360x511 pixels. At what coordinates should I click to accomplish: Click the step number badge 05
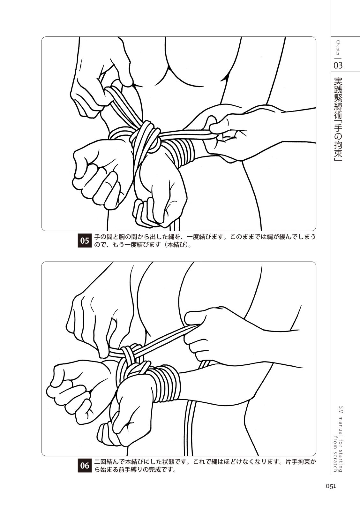[x=85, y=240]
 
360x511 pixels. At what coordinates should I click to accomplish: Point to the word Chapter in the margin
[x=338, y=48]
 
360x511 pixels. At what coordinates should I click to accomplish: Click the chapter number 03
[x=338, y=65]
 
